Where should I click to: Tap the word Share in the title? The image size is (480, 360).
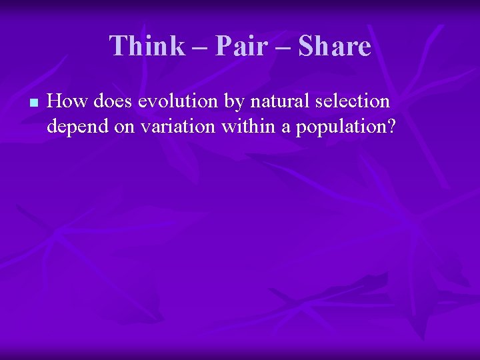pos(335,46)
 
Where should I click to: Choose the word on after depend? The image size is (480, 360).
pos(124,127)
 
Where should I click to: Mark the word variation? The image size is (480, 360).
pos(175,125)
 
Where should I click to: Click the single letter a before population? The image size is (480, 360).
pos(285,127)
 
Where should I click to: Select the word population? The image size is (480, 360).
pos(340,127)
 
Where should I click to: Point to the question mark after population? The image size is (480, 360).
pos(391,125)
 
